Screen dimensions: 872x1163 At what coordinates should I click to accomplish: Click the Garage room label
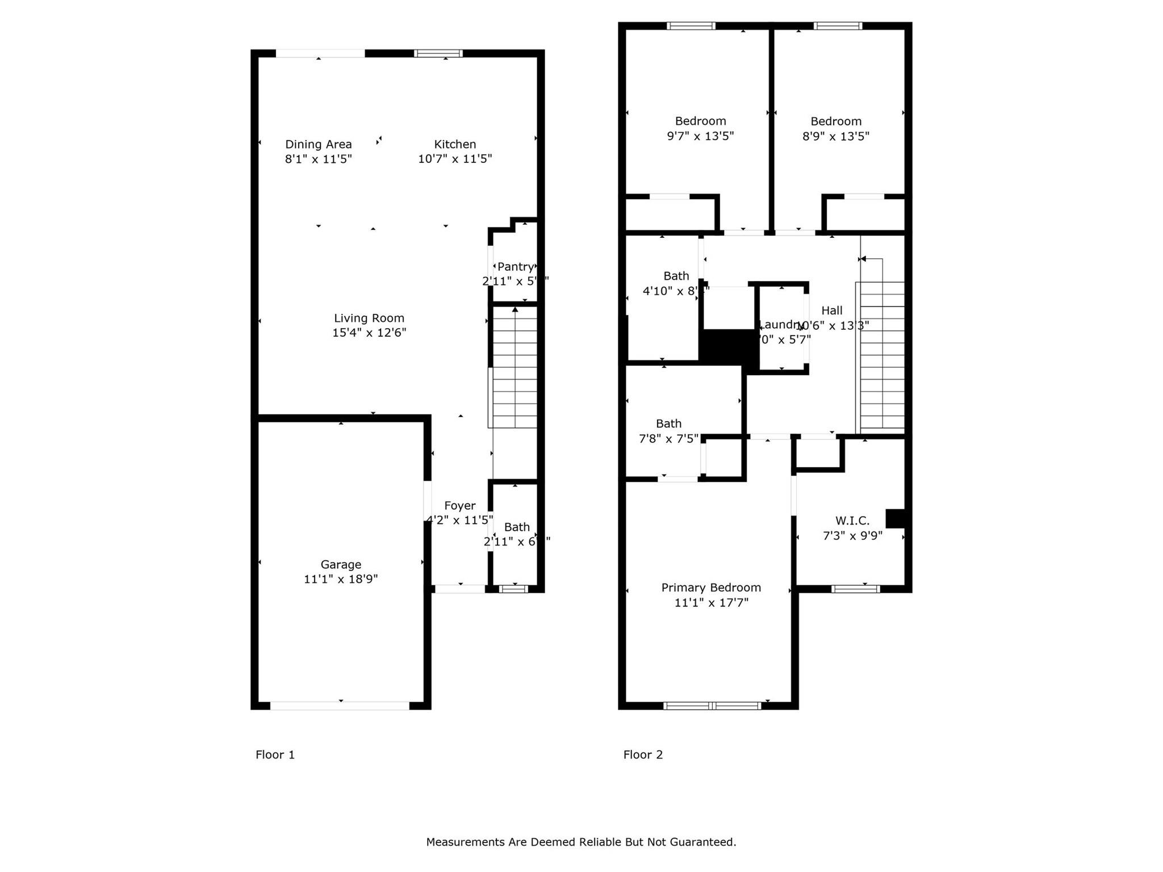tap(341, 564)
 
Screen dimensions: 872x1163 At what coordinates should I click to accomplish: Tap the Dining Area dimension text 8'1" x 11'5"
tap(319, 159)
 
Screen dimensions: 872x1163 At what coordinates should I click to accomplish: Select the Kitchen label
tap(455, 144)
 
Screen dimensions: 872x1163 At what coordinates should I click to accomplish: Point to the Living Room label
tap(369, 318)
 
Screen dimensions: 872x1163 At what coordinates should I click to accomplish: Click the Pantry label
tap(515, 267)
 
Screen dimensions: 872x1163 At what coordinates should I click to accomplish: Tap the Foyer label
tap(459, 506)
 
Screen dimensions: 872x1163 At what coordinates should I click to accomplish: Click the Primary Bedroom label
tap(711, 588)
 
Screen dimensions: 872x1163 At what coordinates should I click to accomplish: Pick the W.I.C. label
tap(852, 521)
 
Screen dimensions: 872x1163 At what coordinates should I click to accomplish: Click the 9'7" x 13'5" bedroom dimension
tap(700, 136)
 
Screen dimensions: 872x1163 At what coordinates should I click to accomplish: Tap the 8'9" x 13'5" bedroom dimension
tap(835, 136)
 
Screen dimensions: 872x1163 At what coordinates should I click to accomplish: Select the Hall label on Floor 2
tap(832, 311)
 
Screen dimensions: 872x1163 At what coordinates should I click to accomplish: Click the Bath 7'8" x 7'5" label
tap(668, 424)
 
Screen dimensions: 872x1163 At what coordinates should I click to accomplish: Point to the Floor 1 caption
tap(275, 754)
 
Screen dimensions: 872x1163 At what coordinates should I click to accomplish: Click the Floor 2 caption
tap(643, 754)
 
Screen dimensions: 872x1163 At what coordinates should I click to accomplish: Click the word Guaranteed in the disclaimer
tap(702, 842)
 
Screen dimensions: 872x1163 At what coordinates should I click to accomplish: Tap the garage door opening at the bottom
tap(340, 706)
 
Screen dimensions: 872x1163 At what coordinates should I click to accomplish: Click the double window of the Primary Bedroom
tap(712, 706)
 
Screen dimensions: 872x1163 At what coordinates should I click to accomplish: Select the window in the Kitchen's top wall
tap(438, 53)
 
